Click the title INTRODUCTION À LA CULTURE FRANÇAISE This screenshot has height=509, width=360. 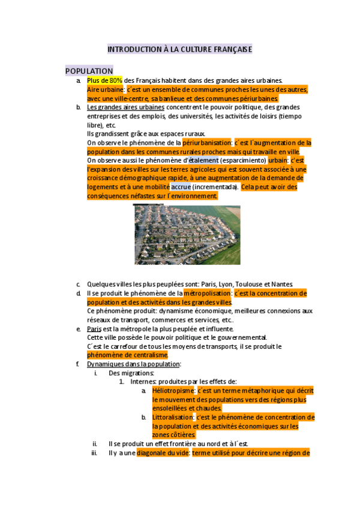click(x=179, y=49)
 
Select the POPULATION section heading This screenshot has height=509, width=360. click(x=89, y=71)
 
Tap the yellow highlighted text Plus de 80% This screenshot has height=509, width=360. click(x=104, y=80)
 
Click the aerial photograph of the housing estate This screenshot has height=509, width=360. click(x=187, y=234)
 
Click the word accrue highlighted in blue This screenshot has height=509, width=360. click(x=181, y=187)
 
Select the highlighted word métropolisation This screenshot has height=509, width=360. click(x=207, y=293)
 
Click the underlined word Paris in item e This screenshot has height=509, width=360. click(x=94, y=329)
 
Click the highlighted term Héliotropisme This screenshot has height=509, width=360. click(x=170, y=391)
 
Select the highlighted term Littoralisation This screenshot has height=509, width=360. click(x=172, y=417)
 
